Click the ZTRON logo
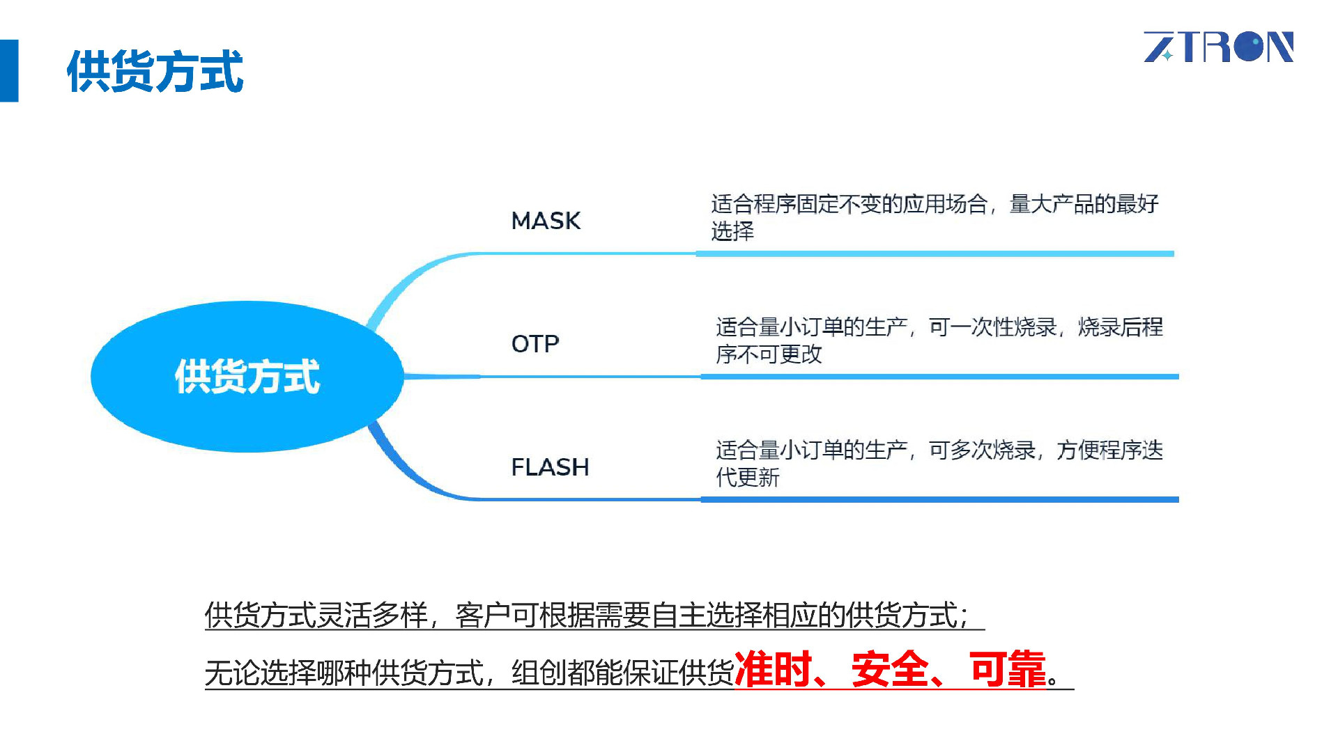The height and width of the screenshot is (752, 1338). click(x=1218, y=47)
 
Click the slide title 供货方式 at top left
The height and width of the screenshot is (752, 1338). click(x=155, y=71)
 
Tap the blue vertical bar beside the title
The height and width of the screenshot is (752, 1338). click(x=9, y=70)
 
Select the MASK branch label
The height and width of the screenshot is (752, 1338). click(x=546, y=221)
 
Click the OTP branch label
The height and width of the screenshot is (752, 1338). click(x=535, y=344)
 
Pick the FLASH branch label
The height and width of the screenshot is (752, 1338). click(x=550, y=467)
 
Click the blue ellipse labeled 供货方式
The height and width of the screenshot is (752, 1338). click(x=247, y=377)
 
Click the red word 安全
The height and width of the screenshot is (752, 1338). click(x=890, y=669)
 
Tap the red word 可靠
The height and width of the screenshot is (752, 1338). click(x=1008, y=669)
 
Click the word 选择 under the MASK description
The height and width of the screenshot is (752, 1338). click(x=732, y=231)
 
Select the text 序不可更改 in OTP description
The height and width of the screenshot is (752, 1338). click(x=769, y=354)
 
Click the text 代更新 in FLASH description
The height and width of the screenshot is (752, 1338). click(x=747, y=478)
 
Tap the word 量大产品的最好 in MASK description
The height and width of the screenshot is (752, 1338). click(x=1084, y=204)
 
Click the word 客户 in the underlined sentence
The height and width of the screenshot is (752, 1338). click(x=482, y=616)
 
